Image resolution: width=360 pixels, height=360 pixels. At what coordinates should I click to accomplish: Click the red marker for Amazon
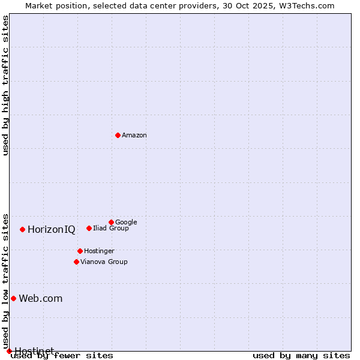point(118,135)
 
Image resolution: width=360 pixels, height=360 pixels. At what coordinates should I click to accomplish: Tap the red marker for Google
point(111,222)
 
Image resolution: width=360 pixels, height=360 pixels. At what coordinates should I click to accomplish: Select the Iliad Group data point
point(89,228)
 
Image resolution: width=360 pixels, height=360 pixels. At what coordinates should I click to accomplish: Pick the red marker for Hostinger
point(80,251)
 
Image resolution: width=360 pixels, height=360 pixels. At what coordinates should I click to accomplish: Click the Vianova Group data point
point(76,262)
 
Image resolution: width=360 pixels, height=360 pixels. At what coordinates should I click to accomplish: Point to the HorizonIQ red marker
point(22,229)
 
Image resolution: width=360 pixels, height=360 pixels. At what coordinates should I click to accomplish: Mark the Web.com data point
point(13,298)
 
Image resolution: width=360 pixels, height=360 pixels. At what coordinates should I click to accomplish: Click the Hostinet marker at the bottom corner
point(9,351)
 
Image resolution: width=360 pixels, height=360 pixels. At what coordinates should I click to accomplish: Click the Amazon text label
point(134,136)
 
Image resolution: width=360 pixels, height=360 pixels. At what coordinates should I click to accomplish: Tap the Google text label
point(126,222)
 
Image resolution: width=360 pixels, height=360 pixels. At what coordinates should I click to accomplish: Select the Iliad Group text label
point(111,228)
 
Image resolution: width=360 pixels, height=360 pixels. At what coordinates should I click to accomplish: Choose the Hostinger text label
point(99,251)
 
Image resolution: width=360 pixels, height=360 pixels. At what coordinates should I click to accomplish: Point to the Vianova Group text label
point(104,262)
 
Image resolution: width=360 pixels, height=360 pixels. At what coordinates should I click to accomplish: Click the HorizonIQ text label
point(52,229)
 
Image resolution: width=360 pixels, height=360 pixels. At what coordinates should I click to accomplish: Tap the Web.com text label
point(41,298)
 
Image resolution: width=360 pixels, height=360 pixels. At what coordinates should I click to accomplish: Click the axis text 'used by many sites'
point(301,355)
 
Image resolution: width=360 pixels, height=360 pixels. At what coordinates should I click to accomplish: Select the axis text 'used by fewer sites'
point(62,355)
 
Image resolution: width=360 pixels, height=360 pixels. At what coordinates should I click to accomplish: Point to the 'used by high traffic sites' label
point(5,85)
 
